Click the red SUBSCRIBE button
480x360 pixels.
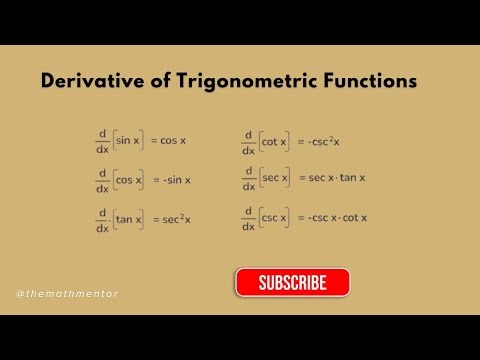(x=293, y=283)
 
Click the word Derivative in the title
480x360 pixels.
(x=88, y=82)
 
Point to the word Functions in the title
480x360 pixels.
(x=366, y=82)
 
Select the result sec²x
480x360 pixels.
(x=176, y=218)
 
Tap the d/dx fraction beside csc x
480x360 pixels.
(x=248, y=217)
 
